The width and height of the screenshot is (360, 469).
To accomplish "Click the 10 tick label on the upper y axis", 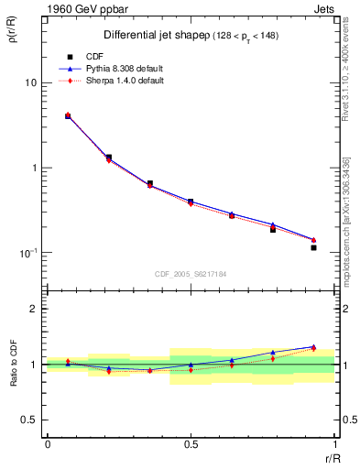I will pyautogui.click(x=30, y=82).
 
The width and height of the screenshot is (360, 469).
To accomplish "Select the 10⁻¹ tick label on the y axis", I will pyautogui.click(x=27, y=252).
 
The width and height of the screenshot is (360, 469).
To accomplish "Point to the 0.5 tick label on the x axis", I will pyautogui.click(x=190, y=443).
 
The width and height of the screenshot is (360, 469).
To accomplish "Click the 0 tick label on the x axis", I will pyautogui.click(x=47, y=443).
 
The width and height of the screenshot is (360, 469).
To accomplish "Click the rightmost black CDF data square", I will pyautogui.click(x=313, y=247).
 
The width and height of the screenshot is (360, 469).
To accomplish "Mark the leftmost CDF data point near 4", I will pyautogui.click(x=68, y=116).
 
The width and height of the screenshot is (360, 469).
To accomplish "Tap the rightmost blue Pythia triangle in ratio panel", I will pyautogui.click(x=313, y=346).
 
